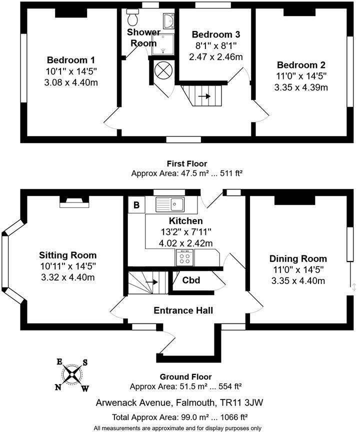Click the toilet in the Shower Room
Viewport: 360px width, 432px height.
coord(132,18)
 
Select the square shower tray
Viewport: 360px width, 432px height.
coord(166,43)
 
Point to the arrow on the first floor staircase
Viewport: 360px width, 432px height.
coord(204,96)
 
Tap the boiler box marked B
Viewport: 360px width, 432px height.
coord(135,205)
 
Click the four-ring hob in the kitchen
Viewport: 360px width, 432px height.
coord(183,258)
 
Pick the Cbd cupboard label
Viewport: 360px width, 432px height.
coord(190,280)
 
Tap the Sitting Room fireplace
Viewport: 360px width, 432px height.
coord(74,202)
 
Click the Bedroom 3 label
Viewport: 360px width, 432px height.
coord(216,35)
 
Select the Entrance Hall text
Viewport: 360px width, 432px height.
coord(183,310)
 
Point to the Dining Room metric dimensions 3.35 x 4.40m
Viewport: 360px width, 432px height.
coord(298,280)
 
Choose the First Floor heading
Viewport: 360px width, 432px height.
coord(186,163)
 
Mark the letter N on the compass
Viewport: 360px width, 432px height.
coord(58,386)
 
